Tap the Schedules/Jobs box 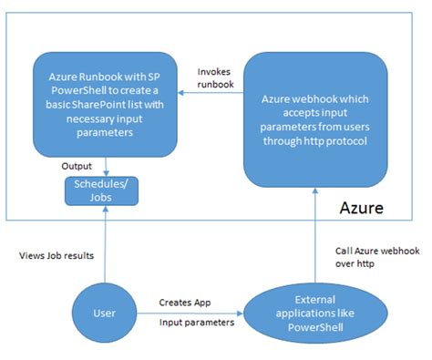coord(105,190)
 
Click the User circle coord(105,312)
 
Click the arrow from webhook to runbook coord(211,91)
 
